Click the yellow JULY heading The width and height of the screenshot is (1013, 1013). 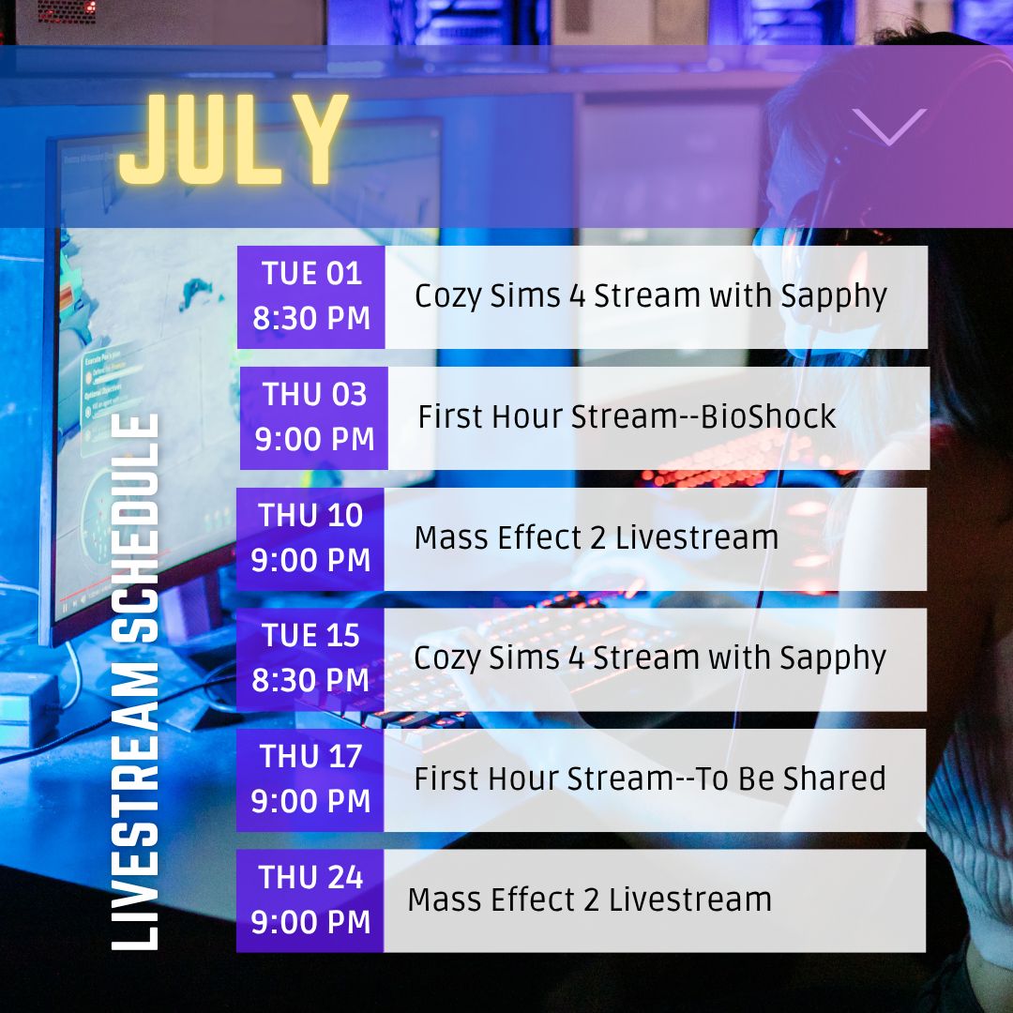[x=234, y=139]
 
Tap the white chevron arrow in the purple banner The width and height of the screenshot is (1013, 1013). [x=889, y=126]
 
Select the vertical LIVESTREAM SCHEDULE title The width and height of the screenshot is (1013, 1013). [x=135, y=682]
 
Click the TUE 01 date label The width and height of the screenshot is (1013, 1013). [x=311, y=273]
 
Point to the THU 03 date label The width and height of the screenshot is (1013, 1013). [x=314, y=394]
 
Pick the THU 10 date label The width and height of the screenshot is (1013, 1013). [x=310, y=515]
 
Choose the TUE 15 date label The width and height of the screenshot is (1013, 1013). [x=310, y=636]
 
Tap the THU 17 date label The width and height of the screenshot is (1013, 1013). [x=310, y=757]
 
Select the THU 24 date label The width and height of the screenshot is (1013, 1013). [x=310, y=877]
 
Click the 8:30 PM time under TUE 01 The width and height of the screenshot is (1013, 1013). [x=311, y=318]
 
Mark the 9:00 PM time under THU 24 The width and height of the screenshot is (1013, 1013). [x=310, y=922]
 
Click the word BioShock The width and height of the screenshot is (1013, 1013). [x=768, y=416]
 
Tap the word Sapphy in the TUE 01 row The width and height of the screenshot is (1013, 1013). [x=834, y=296]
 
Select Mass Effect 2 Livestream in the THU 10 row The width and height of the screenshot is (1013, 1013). [x=597, y=537]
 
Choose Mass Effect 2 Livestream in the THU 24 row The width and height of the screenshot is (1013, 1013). [x=590, y=900]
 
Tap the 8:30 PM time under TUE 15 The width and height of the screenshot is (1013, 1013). [x=310, y=680]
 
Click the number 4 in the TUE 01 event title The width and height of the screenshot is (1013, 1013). [x=577, y=295]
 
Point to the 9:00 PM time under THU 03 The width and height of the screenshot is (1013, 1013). [x=314, y=439]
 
